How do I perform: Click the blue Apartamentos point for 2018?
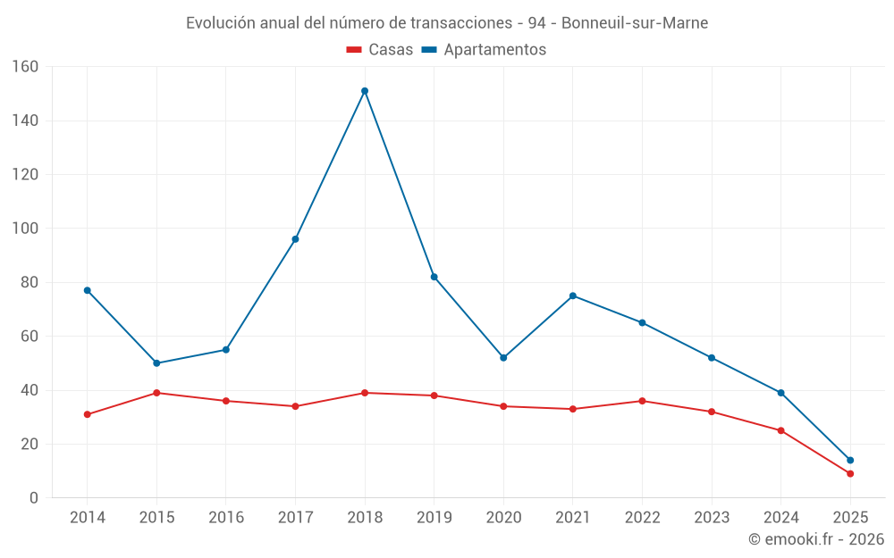tap(365, 91)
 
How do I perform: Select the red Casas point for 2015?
tap(156, 393)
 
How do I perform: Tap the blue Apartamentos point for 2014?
tap(88, 290)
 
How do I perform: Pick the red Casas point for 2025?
tap(850, 474)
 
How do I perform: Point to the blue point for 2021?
tap(573, 296)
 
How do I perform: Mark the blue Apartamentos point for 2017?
tap(295, 239)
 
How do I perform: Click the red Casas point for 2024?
tap(781, 430)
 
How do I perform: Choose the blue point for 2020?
tap(503, 358)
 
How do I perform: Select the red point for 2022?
tap(642, 401)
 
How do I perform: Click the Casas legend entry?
tap(380, 50)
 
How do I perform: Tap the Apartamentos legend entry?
tap(484, 50)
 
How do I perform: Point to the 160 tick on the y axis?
tap(26, 67)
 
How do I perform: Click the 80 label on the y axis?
tap(30, 283)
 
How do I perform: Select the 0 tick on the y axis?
tap(34, 498)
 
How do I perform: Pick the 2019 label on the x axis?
tap(434, 518)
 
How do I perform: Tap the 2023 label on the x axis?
tap(712, 518)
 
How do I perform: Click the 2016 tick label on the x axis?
tap(226, 518)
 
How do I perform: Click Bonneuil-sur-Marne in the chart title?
tap(635, 23)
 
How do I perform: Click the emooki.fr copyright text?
tap(816, 539)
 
